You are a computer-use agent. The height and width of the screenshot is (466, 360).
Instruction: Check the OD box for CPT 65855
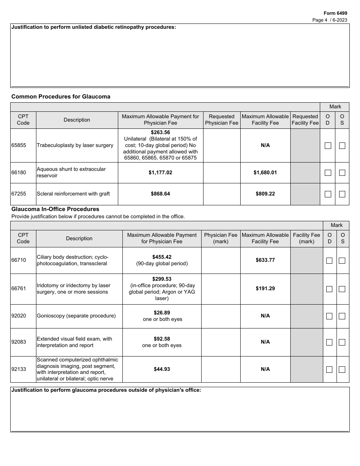[328, 145]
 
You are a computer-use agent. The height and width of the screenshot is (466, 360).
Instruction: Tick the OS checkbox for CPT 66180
[342, 173]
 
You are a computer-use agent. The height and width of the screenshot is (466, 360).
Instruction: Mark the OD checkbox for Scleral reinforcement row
[328, 194]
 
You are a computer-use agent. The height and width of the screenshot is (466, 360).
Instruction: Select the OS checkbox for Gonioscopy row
[342, 316]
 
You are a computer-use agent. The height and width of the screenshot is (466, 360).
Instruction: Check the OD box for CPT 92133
[329, 369]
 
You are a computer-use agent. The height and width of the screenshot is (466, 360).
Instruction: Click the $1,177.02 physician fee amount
[160, 172]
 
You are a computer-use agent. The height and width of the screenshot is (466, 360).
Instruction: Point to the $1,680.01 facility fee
[265, 172]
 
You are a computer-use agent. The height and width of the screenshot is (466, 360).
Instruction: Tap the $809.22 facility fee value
[265, 194]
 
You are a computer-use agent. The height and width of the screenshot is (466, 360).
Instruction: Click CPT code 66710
[19, 260]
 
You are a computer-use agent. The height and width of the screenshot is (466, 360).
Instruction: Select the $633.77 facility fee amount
[265, 260]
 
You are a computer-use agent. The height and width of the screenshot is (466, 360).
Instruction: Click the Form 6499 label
[335, 13]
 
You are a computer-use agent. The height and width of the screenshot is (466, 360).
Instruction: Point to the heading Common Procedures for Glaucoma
[61, 97]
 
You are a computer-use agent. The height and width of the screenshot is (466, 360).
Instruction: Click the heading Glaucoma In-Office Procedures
[55, 209]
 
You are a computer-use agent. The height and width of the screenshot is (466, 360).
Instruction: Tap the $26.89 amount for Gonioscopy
[162, 313]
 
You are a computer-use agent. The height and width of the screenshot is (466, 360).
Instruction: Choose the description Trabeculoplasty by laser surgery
[75, 145]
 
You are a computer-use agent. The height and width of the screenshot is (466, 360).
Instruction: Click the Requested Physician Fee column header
[222, 120]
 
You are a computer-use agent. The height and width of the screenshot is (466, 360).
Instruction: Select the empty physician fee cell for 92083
[221, 342]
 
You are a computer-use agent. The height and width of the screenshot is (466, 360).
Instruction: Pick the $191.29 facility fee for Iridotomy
[265, 288]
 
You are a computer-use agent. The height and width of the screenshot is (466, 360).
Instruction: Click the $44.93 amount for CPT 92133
[162, 369]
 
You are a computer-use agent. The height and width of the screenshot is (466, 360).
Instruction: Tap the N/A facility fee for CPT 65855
[265, 145]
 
